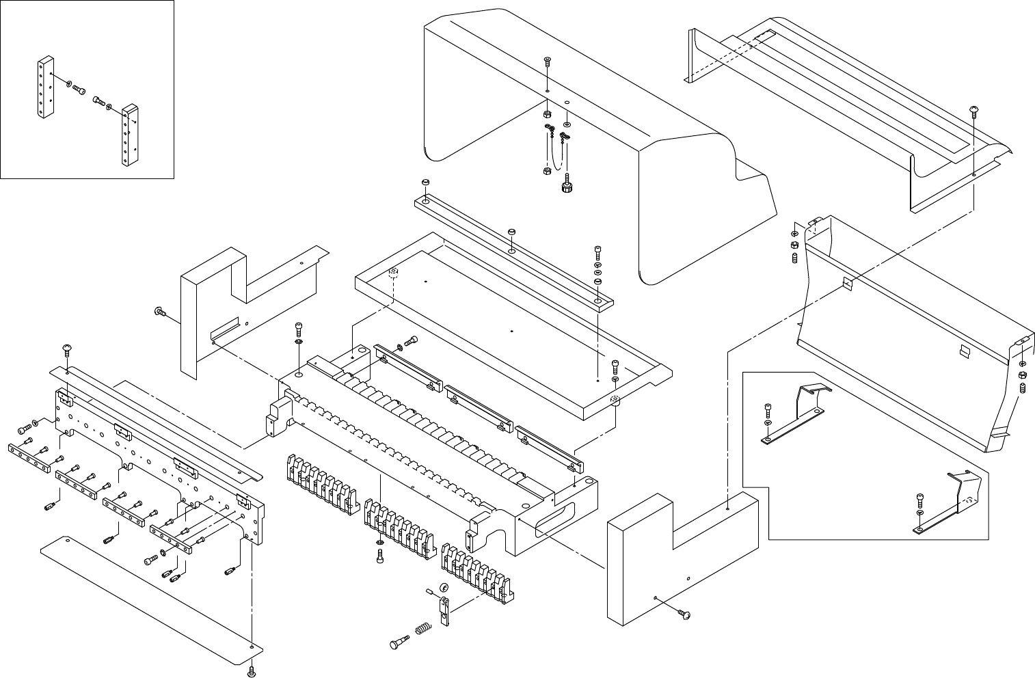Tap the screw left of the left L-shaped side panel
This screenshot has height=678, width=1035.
click(x=159, y=312)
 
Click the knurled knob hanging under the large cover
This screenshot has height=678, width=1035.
click(x=566, y=187)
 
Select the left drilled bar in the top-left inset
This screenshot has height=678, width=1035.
click(x=45, y=87)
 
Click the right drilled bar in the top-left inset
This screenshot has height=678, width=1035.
click(x=130, y=135)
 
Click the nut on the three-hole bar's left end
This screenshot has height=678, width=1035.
click(x=425, y=182)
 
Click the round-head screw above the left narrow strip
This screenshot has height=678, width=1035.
click(x=66, y=351)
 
